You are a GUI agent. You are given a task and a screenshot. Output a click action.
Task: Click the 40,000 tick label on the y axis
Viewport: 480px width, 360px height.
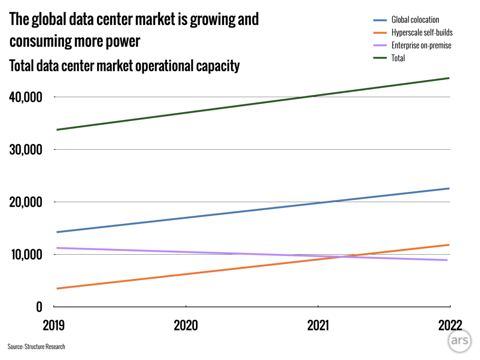tap(25, 97)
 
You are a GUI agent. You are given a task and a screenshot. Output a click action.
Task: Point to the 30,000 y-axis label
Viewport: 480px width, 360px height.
tap(25, 150)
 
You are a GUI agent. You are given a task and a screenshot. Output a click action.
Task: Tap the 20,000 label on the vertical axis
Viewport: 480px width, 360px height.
tap(25, 202)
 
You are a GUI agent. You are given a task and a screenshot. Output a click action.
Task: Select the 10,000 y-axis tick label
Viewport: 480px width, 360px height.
tap(26, 255)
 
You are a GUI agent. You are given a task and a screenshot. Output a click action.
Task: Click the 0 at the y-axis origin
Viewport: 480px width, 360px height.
tap(39, 307)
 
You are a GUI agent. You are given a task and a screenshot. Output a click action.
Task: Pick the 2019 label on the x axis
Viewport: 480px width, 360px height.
tap(54, 325)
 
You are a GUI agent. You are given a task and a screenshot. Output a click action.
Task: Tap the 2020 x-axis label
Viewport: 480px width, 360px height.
tap(186, 325)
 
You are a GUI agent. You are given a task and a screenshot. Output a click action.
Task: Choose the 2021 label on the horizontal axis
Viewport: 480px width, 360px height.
tap(318, 325)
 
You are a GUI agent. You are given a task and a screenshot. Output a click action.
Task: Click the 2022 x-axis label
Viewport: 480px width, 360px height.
tap(450, 325)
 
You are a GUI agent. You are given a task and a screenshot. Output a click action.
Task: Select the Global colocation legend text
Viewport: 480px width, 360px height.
tap(415, 20)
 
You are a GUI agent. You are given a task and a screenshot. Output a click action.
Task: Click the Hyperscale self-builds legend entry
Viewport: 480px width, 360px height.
tap(422, 33)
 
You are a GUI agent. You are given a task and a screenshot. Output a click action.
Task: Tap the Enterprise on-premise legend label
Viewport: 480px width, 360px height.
tap(421, 45)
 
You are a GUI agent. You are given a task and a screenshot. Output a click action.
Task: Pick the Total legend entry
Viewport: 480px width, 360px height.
tap(398, 58)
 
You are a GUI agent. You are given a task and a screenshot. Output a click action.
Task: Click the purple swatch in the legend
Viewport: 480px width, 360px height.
tap(380, 45)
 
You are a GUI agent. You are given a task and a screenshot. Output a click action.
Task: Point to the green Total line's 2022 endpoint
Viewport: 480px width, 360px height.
tap(448, 78)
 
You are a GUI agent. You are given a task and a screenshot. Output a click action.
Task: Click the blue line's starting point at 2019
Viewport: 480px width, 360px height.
tap(57, 232)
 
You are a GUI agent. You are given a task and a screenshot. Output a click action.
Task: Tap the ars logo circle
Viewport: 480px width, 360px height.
tap(459, 340)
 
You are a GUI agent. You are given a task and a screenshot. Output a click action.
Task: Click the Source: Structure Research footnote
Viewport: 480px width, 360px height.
tap(36, 346)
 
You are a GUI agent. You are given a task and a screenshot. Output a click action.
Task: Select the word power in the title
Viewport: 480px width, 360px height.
tap(122, 41)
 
